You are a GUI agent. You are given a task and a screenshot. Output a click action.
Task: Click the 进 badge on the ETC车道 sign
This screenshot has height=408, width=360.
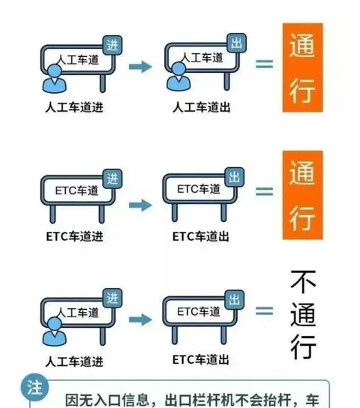112,178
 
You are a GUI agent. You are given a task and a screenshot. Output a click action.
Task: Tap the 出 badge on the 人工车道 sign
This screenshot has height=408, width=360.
237,43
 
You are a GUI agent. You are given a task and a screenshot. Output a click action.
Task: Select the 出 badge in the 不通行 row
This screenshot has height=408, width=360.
234,299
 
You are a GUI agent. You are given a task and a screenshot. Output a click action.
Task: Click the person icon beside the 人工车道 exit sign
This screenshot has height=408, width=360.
178,76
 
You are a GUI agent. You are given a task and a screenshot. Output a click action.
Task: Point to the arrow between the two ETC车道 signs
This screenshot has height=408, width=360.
140,205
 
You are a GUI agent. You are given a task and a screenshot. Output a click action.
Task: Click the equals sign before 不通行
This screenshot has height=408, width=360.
264,310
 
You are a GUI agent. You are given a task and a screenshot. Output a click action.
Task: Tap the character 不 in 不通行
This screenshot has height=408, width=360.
303,282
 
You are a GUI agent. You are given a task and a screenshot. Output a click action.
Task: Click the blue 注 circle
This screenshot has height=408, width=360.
34,388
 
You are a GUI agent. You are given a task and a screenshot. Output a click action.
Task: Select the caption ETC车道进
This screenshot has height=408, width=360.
75,236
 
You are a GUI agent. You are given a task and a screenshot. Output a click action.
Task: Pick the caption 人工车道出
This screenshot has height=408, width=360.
201,107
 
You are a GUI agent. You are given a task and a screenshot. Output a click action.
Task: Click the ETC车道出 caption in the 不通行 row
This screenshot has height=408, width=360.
200,359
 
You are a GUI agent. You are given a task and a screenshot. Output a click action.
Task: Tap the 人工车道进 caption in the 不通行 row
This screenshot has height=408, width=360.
74,361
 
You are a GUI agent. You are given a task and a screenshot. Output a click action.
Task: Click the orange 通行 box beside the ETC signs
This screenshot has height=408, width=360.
303,195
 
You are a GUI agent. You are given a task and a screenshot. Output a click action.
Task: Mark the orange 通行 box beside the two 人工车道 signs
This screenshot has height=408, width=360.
303,67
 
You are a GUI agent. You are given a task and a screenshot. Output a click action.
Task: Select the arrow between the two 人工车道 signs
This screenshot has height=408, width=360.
140,67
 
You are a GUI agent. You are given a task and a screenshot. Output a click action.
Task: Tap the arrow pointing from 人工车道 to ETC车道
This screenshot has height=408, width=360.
140,319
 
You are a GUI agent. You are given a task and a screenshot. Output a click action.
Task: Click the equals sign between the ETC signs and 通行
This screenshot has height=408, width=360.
264,191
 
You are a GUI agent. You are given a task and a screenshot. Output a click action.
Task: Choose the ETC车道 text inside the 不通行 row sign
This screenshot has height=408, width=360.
199,311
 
